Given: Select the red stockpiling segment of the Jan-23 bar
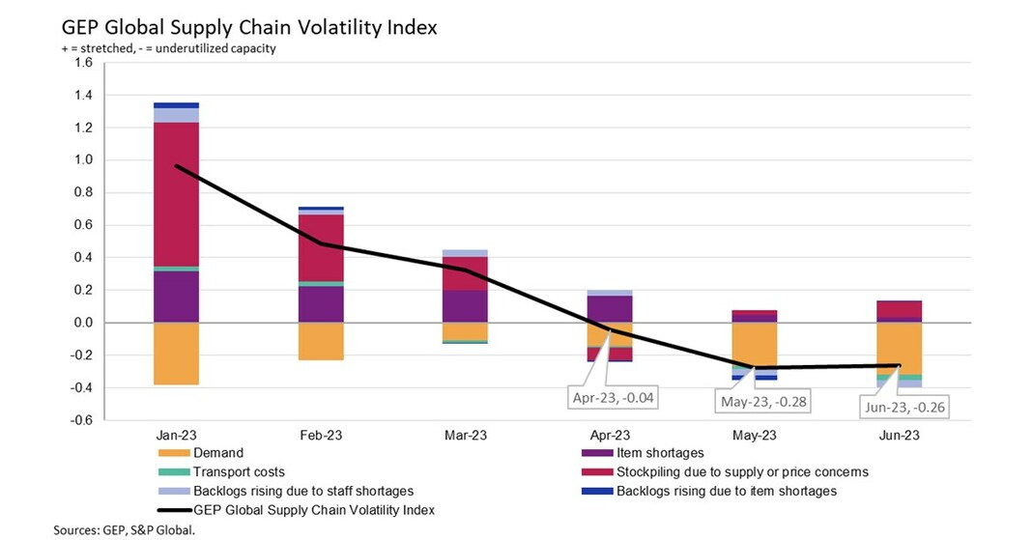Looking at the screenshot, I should click(176, 193).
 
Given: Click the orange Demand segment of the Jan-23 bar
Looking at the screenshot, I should click(176, 354).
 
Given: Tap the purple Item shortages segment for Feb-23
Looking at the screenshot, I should click(320, 303).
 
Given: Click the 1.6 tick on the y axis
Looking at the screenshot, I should click(82, 63).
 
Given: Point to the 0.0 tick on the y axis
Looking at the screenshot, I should click(82, 323).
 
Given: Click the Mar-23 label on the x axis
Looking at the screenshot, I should click(465, 435).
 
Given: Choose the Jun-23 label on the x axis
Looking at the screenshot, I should click(899, 435).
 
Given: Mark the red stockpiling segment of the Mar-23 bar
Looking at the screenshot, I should click(465, 273).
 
